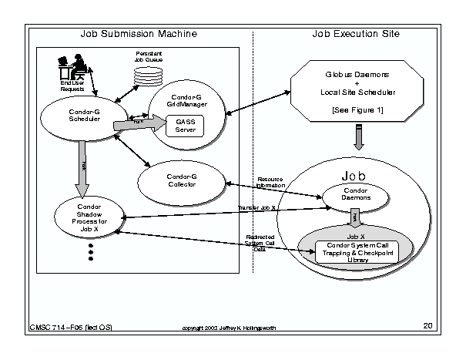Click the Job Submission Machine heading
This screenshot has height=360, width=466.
point(139,34)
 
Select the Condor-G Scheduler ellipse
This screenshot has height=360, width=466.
point(79,118)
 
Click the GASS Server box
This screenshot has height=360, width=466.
point(186,126)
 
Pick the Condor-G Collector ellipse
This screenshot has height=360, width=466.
point(182,181)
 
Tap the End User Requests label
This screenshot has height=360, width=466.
point(71,86)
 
